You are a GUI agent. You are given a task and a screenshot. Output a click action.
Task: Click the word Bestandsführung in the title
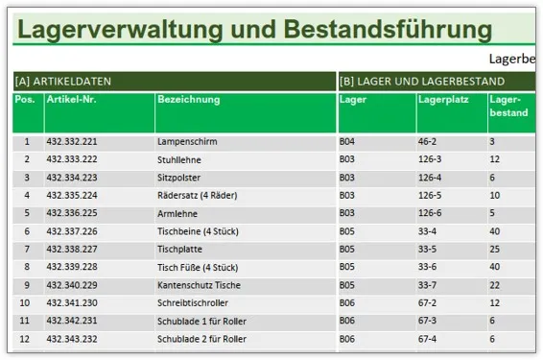tap(389, 30)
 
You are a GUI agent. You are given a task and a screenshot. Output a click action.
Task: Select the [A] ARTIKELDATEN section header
tap(59, 82)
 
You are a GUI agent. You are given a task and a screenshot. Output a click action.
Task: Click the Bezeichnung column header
tap(188, 99)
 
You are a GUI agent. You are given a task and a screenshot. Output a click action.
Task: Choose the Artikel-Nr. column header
tap(72, 99)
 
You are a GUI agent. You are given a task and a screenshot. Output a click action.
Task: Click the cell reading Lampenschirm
tap(187, 142)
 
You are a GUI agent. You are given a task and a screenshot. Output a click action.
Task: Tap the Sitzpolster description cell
tap(179, 178)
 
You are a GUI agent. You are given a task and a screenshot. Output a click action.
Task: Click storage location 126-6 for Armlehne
tap(430, 213)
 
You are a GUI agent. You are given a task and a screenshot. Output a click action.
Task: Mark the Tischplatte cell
tap(179, 249)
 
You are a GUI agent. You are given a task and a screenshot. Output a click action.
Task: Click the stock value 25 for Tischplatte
tap(494, 249)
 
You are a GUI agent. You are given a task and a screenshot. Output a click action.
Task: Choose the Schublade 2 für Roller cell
tap(201, 339)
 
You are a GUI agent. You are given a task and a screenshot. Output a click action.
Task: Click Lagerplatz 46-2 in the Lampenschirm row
tap(427, 142)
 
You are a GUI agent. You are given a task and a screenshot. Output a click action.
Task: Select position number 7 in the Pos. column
tap(27, 249)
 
